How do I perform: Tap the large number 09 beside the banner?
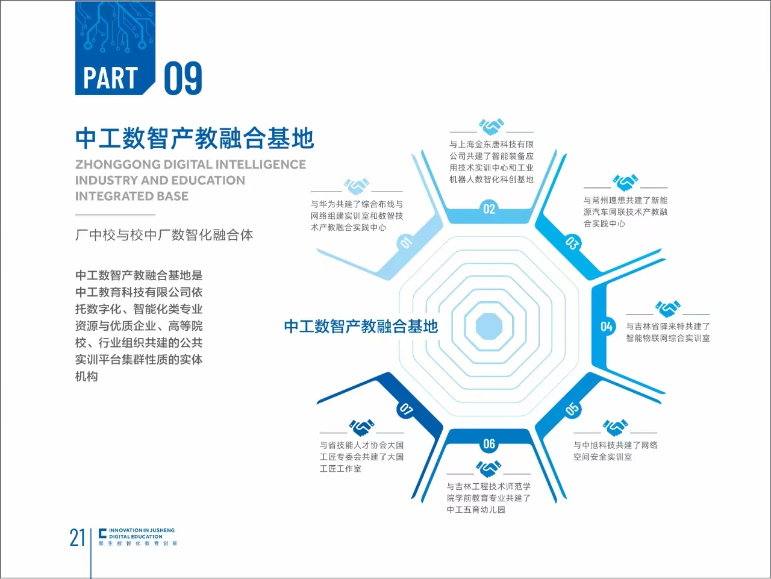pyautogui.click(x=183, y=78)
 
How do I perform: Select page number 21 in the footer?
pyautogui.click(x=77, y=537)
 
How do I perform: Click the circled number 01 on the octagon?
pyautogui.click(x=406, y=242)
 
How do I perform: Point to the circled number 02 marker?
pyautogui.click(x=489, y=209)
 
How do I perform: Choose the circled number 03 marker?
pyautogui.click(x=572, y=243)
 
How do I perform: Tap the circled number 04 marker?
pyautogui.click(x=607, y=327)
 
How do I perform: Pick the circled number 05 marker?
pyautogui.click(x=572, y=409)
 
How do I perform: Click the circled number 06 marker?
pyautogui.click(x=489, y=443)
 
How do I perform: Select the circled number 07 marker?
pyautogui.click(x=406, y=409)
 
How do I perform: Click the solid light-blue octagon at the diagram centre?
pyautogui.click(x=489, y=327)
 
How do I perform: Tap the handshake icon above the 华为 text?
pyautogui.click(x=357, y=186)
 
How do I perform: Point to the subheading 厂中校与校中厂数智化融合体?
pyautogui.click(x=164, y=235)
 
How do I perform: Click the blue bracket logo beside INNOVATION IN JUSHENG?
pyautogui.click(x=102, y=533)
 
